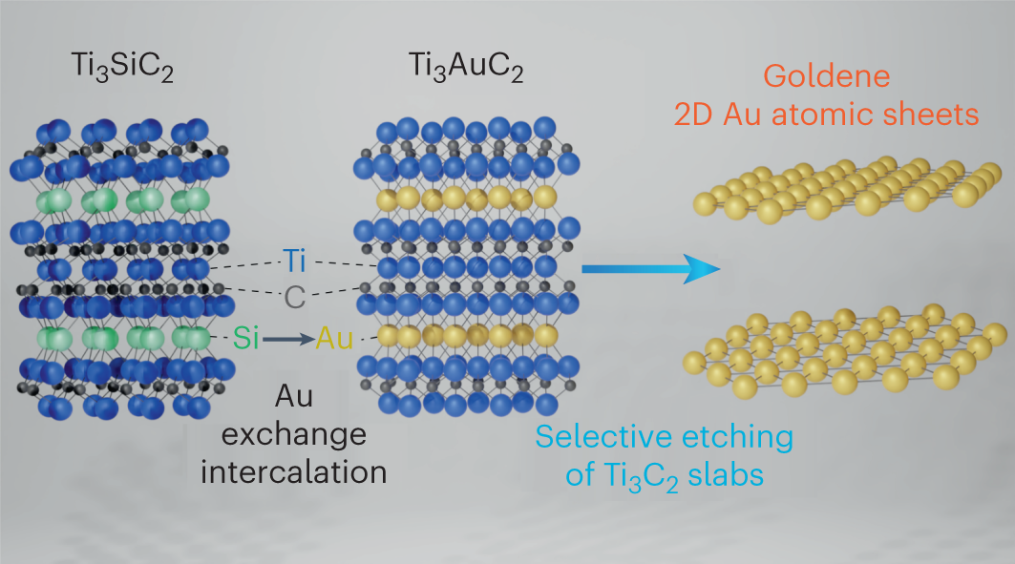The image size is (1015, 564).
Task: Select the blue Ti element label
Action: point(295,260)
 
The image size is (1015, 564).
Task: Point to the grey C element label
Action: point(295,297)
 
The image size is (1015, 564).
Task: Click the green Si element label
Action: point(246,336)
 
